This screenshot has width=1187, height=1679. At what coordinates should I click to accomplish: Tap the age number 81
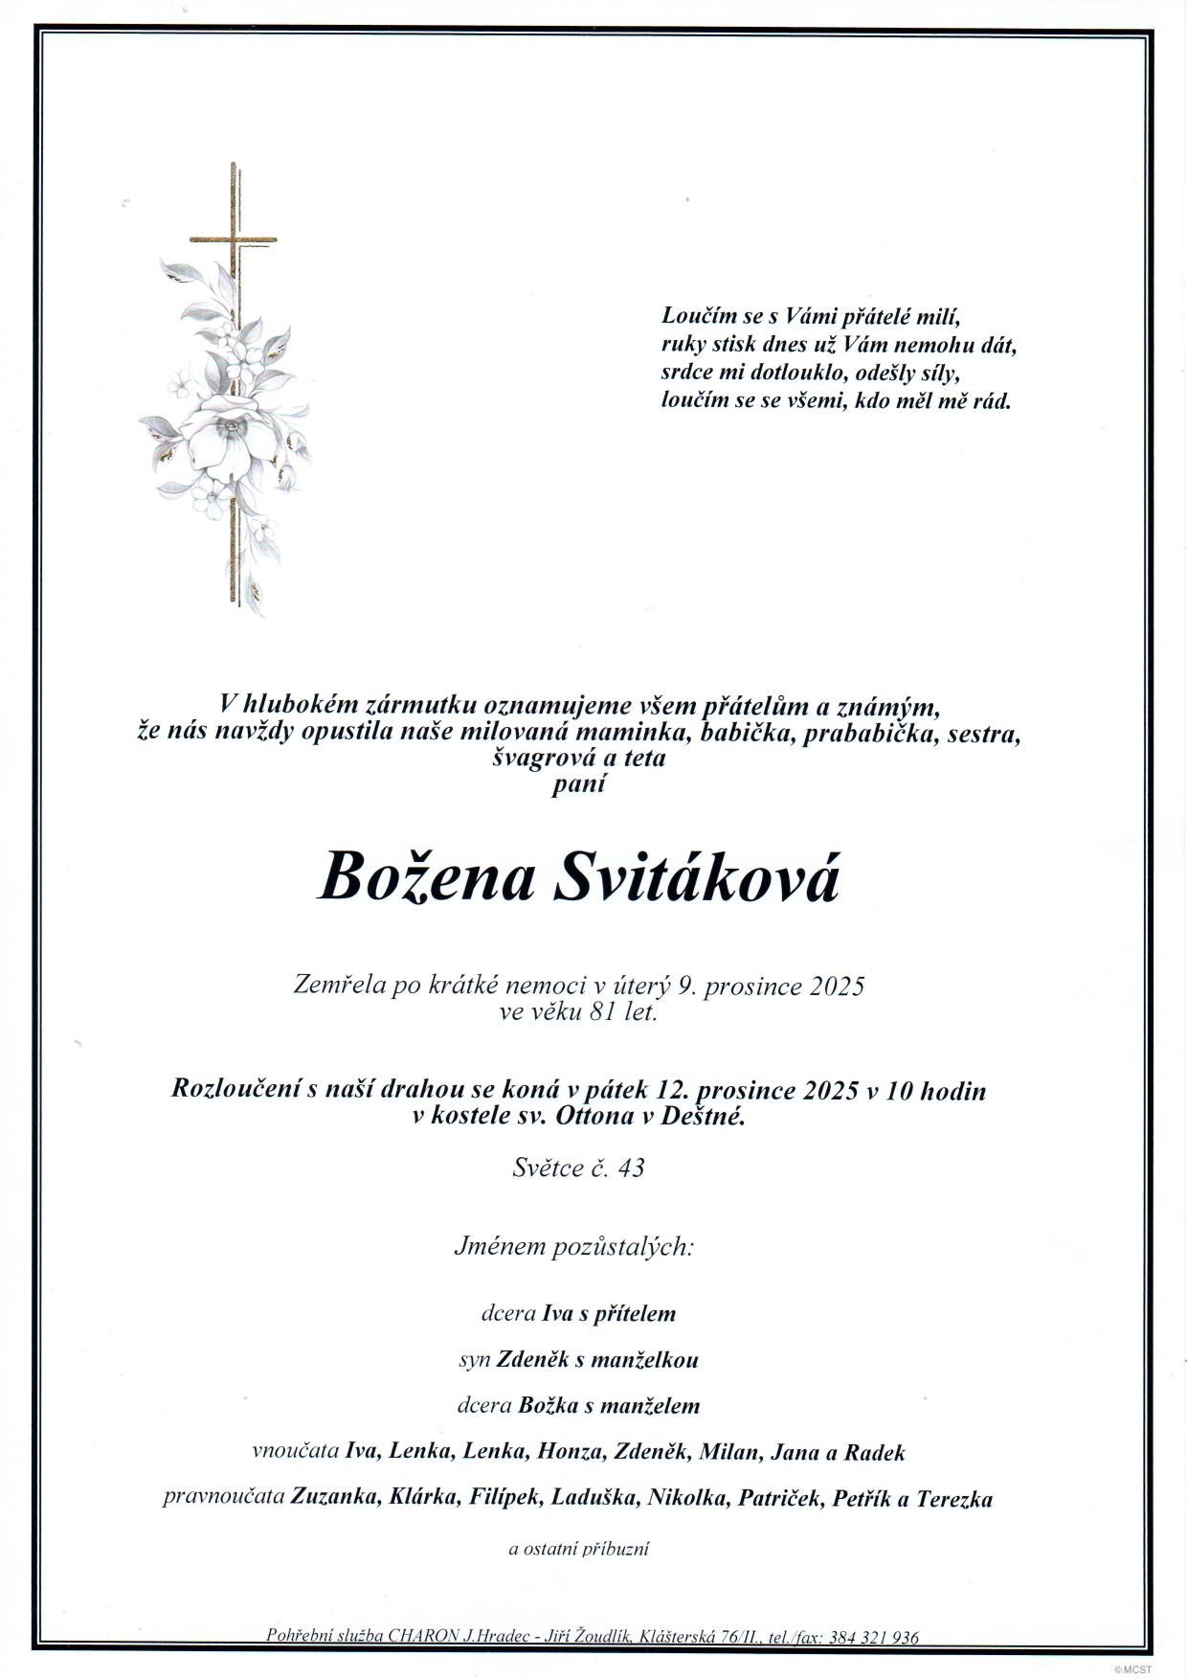point(597,1011)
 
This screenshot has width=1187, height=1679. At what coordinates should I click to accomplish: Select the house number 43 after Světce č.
point(631,1168)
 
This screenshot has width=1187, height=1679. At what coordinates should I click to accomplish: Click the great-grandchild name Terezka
point(954,1498)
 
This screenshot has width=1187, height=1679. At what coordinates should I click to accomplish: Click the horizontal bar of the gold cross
point(233,239)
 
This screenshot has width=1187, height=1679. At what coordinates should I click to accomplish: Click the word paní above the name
point(578,784)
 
